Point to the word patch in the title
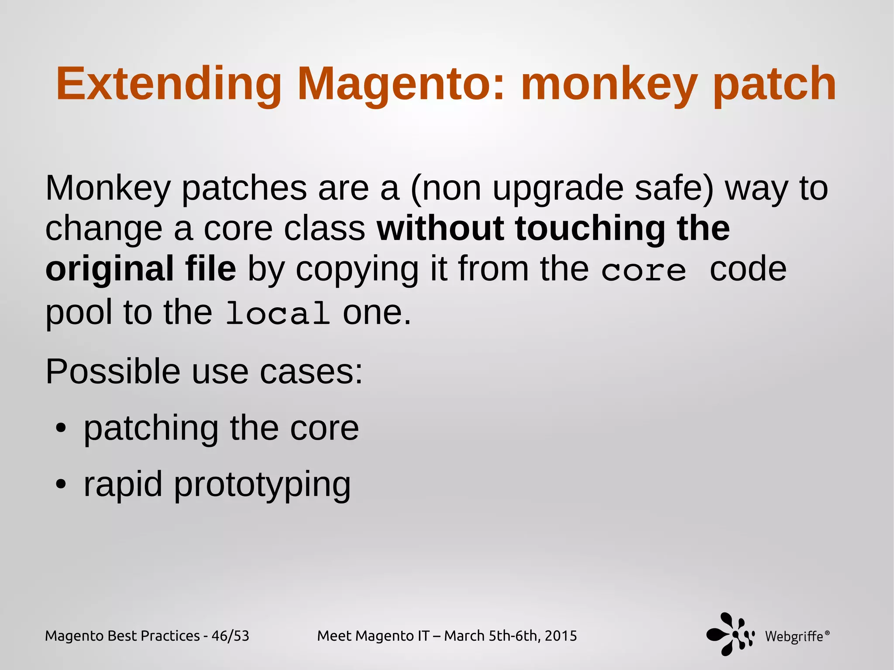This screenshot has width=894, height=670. click(x=774, y=84)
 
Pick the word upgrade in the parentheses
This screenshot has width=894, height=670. click(x=558, y=189)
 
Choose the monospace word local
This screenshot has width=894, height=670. click(x=278, y=313)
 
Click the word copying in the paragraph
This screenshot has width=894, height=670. click(x=357, y=270)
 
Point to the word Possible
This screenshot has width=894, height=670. click(x=113, y=372)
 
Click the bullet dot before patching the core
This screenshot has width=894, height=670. click(x=61, y=429)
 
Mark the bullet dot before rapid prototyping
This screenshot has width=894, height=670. click(x=61, y=484)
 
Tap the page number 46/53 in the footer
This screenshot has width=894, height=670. click(x=230, y=636)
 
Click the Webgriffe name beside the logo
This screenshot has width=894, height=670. click(x=794, y=636)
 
